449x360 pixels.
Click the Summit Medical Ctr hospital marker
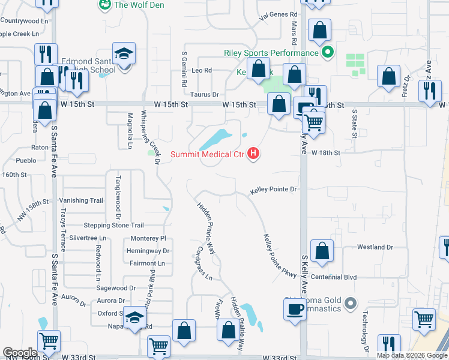coord(253,154)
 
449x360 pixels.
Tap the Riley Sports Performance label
coord(271,53)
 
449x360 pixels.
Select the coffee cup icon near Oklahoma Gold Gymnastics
coord(294,310)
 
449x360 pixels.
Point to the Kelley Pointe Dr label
coord(274,190)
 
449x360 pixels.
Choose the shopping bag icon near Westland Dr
coord(322,253)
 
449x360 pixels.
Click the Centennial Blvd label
coord(348,278)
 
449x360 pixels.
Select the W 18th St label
coord(326,153)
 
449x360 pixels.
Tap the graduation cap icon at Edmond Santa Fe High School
coord(124,55)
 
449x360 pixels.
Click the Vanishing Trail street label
coord(81,200)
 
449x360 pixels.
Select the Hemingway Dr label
coord(149,251)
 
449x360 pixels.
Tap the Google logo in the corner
coord(20,353)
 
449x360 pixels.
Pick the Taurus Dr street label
coord(205,95)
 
